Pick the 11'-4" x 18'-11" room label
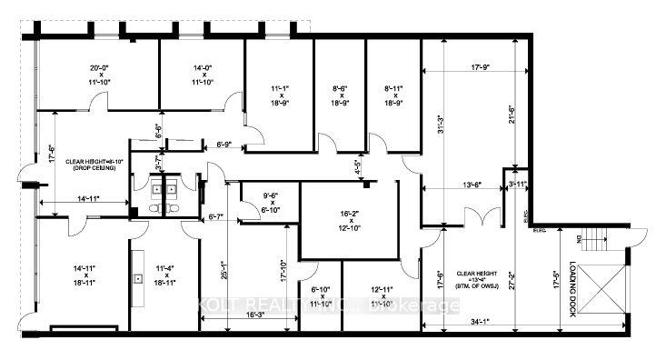pyautogui.click(x=165, y=275)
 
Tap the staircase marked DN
pyautogui.click(x=591, y=242)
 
